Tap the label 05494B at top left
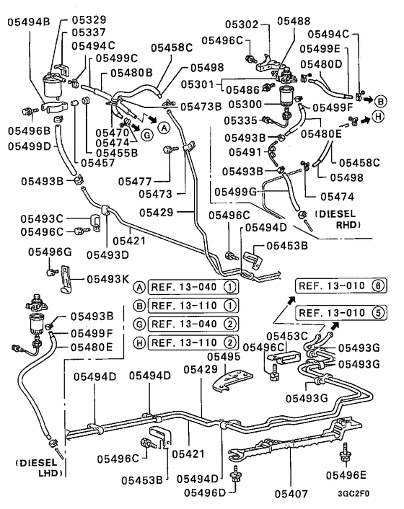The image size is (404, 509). click(x=30, y=22)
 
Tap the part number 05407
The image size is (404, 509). click(x=291, y=495)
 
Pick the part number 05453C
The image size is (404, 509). click(x=288, y=336)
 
